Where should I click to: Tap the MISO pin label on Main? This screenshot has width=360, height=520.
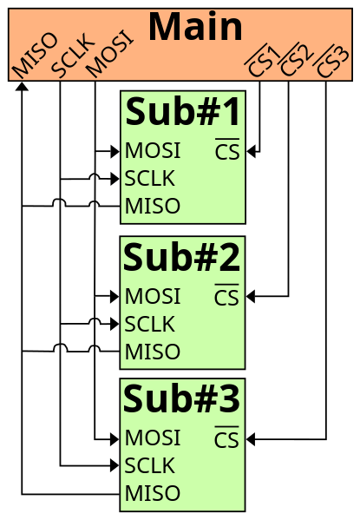(x=35, y=55)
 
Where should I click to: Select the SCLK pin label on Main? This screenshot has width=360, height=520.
(x=72, y=56)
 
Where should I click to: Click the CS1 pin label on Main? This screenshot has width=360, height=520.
(x=261, y=61)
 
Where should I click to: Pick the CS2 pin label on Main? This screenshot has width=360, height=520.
(x=296, y=61)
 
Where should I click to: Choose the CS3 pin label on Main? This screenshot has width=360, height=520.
(x=331, y=61)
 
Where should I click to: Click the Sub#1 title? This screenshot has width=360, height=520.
(x=183, y=112)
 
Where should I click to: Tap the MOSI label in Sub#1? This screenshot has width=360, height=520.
(x=153, y=151)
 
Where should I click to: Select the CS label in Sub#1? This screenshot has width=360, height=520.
(x=227, y=152)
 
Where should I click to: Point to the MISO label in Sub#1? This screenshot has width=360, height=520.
(x=153, y=207)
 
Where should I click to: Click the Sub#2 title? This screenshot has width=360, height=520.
(x=182, y=258)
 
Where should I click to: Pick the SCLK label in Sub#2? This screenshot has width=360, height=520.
(x=150, y=325)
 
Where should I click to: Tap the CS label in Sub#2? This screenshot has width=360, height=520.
(x=226, y=298)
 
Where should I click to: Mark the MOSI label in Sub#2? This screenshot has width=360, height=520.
(x=153, y=297)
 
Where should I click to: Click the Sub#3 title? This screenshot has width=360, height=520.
(x=182, y=399)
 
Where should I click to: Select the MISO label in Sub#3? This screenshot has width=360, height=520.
(x=153, y=494)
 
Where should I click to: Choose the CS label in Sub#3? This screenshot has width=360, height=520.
(x=226, y=440)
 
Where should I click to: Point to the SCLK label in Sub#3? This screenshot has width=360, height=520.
(x=150, y=466)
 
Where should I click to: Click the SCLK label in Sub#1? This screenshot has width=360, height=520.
(x=150, y=179)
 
